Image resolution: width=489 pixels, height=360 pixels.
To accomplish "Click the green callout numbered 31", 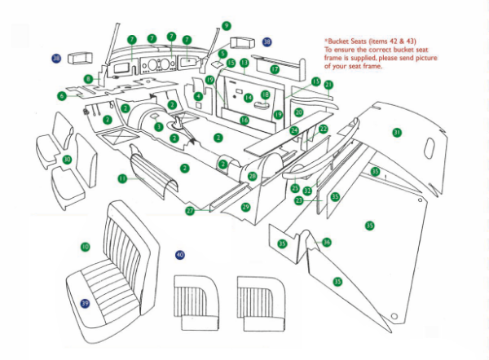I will click(x=397, y=132).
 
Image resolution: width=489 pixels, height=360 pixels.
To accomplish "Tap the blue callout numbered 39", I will click(x=85, y=303).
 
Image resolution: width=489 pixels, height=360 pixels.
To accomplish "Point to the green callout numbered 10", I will click(x=85, y=246).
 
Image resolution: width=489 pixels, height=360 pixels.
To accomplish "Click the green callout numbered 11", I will click(x=121, y=178).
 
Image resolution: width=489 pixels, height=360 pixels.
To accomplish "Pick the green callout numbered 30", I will click(x=68, y=159).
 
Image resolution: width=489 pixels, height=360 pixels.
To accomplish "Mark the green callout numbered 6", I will click(x=61, y=95).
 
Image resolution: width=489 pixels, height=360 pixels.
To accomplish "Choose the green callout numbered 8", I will click(x=87, y=79).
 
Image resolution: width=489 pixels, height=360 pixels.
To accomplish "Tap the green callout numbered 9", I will click(x=226, y=26).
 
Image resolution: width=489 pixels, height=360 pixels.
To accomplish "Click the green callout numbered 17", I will click(x=275, y=69).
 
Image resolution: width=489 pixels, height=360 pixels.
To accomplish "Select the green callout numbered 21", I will click(x=328, y=85).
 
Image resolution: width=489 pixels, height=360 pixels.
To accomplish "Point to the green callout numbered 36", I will click(x=326, y=242).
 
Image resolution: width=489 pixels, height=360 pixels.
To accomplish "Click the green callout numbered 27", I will click(x=189, y=211).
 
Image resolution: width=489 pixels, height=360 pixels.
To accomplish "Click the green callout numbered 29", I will click(x=245, y=208).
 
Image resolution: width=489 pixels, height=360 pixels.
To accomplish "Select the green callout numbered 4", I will click(x=198, y=96).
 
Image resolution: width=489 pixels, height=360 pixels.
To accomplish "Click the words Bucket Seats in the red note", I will click(x=350, y=38).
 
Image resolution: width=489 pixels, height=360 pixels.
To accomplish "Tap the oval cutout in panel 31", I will click(x=430, y=146).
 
